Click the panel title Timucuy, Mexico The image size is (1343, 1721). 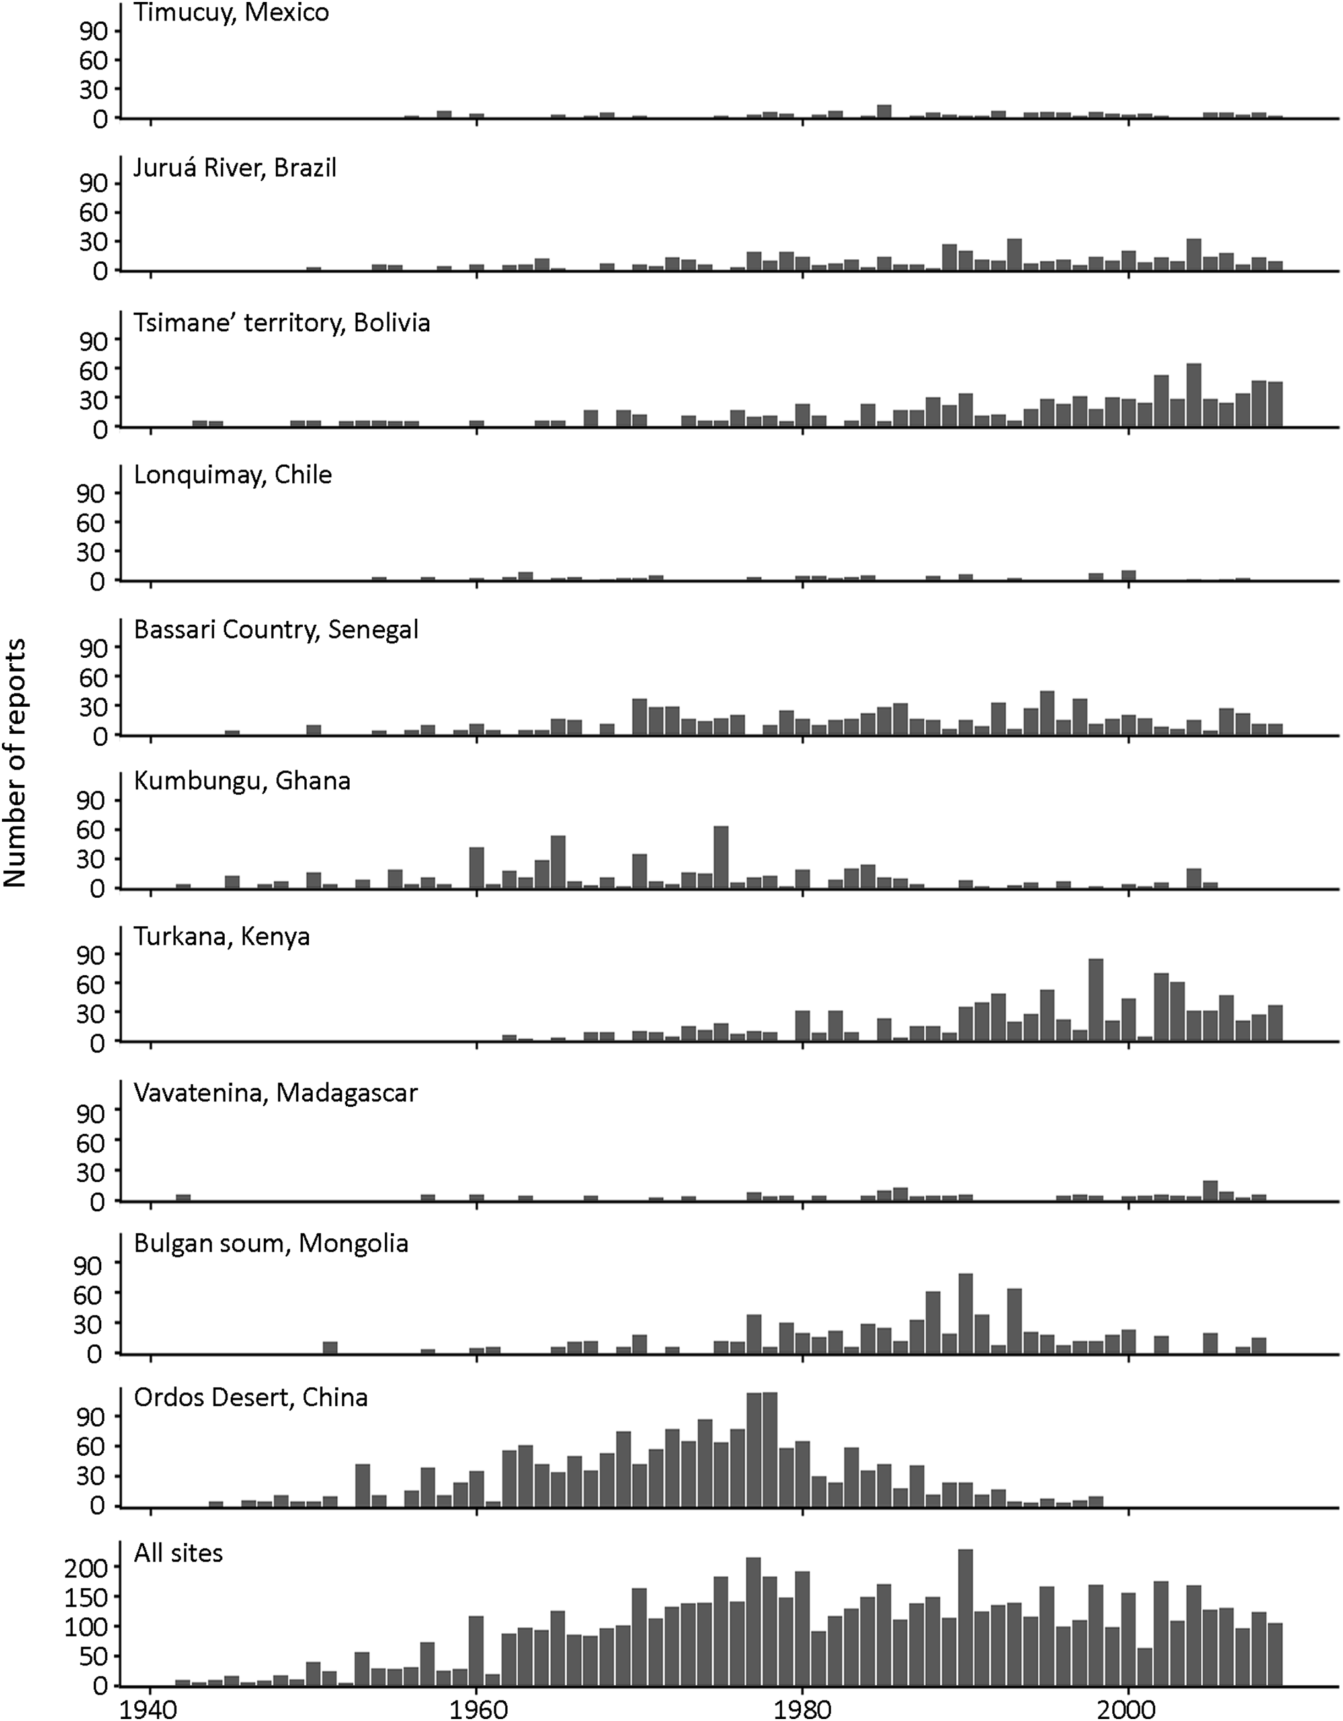pyautogui.click(x=231, y=13)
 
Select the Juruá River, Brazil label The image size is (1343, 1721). pyautogui.click(x=235, y=168)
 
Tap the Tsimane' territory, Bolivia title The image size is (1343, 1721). pyautogui.click(x=282, y=323)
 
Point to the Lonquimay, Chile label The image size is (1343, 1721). pyautogui.click(x=233, y=475)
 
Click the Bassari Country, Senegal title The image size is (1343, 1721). pyautogui.click(x=276, y=629)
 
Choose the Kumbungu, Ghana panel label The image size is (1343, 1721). pyautogui.click(x=242, y=781)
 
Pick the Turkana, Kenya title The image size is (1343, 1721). pyautogui.click(x=222, y=936)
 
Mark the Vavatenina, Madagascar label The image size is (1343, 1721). pyautogui.click(x=276, y=1093)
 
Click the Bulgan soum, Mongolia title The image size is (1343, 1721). pyautogui.click(x=271, y=1244)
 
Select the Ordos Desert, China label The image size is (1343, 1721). pyautogui.click(x=251, y=1397)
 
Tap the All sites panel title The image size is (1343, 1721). pyautogui.click(x=178, y=1553)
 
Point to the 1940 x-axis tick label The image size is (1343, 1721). pyautogui.click(x=149, y=1708)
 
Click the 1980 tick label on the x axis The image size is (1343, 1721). pyautogui.click(x=802, y=1708)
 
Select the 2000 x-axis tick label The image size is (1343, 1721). pyautogui.click(x=1129, y=1708)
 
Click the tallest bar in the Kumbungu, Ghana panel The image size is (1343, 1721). pyautogui.click(x=720, y=857)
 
